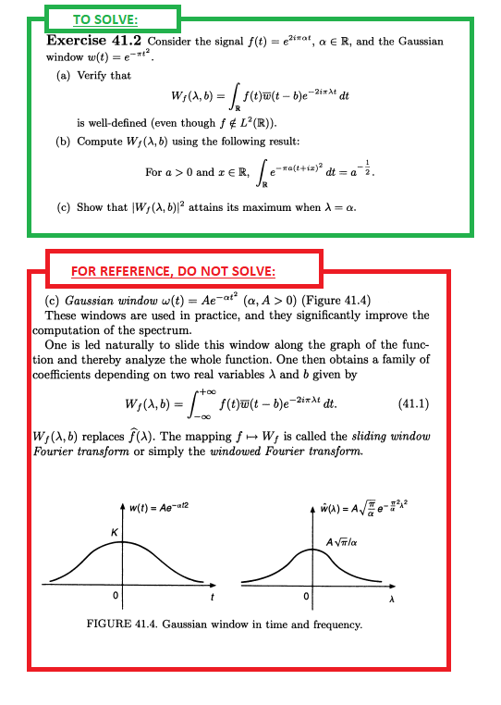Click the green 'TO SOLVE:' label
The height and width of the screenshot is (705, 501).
pos(106,19)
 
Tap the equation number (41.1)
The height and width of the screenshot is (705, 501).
pos(412,403)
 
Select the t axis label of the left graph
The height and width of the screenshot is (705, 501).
pos(214,596)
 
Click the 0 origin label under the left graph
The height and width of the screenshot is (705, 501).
pos(116,594)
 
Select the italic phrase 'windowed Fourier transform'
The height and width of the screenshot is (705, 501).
pos(283,451)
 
